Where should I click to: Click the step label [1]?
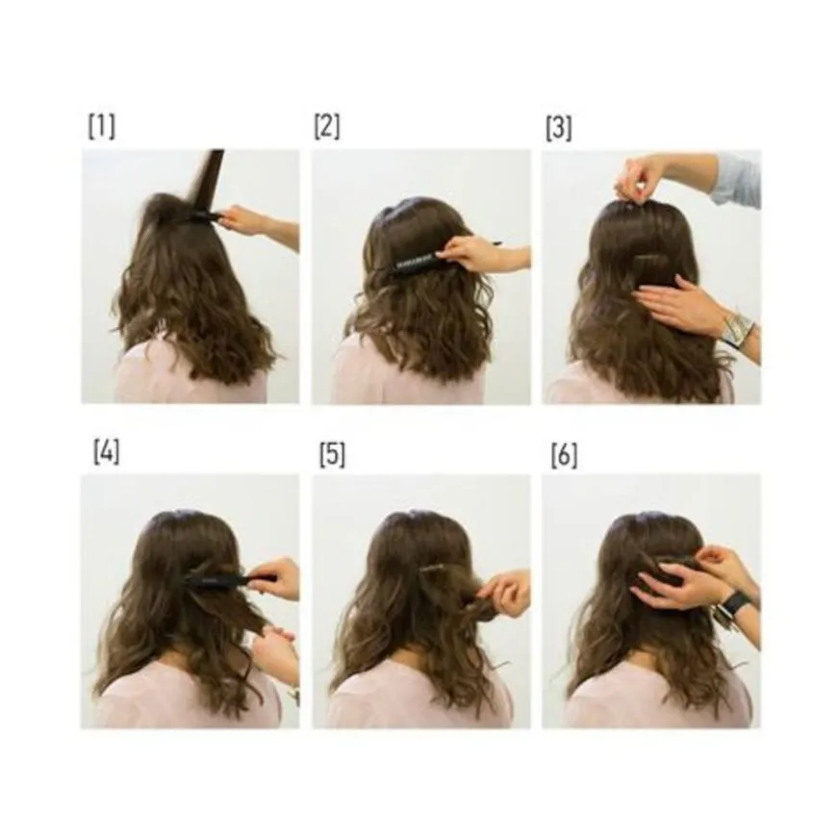coord(101,127)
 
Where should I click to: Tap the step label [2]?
coord(327,127)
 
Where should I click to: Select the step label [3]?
coord(559,129)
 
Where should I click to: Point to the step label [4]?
coord(106,452)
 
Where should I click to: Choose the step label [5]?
coord(333,455)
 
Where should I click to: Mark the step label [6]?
coord(564,456)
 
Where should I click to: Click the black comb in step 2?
coord(421,263)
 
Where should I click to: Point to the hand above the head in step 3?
coord(638,179)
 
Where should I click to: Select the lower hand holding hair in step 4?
coord(278,648)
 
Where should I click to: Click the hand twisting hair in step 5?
coord(504,593)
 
